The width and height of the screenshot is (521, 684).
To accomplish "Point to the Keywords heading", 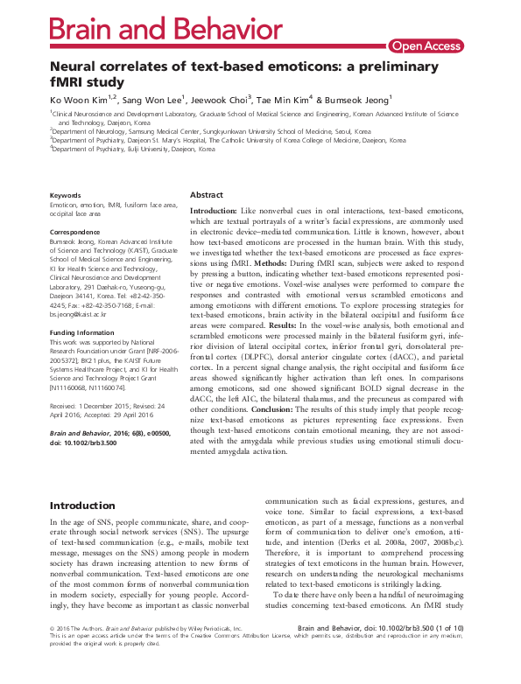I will coord(67,195).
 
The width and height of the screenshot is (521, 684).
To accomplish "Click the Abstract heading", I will coord(207,195).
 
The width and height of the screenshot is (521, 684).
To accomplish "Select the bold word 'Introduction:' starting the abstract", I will coord(214,211).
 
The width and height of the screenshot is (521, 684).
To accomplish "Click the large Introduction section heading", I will coord(94,506).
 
